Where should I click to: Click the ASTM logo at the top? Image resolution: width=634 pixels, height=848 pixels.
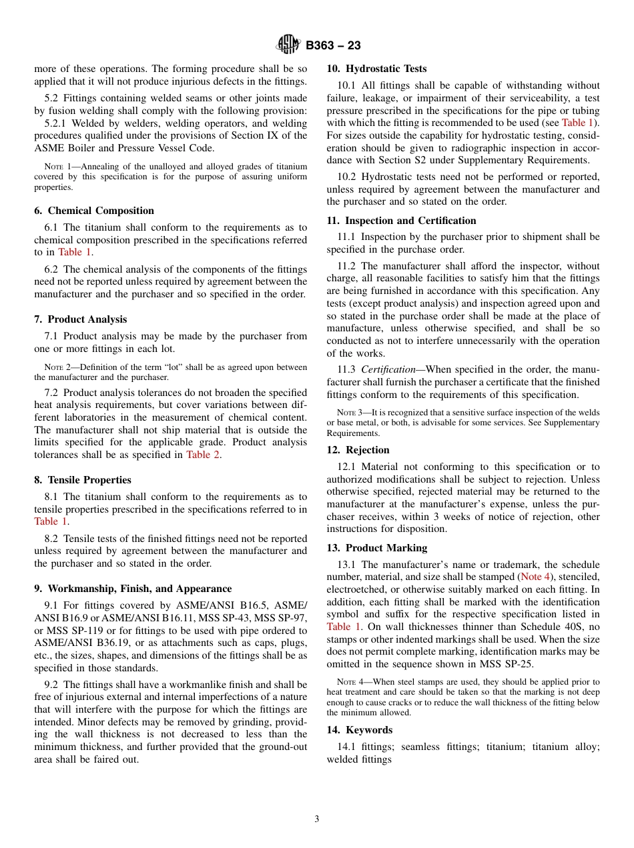click(288, 45)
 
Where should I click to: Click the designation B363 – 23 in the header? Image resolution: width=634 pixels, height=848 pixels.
click(333, 46)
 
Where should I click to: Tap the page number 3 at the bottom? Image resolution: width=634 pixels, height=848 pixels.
click(317, 819)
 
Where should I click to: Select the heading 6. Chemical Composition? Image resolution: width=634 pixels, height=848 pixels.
click(94, 211)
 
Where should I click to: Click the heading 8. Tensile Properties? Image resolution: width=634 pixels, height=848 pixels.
click(83, 480)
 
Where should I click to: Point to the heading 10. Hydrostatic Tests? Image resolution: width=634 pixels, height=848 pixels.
click(376, 69)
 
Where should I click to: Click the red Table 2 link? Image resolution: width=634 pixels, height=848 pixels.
click(203, 455)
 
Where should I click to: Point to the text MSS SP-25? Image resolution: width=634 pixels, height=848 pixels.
click(511, 664)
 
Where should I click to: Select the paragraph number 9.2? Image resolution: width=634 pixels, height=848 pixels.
click(53, 685)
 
